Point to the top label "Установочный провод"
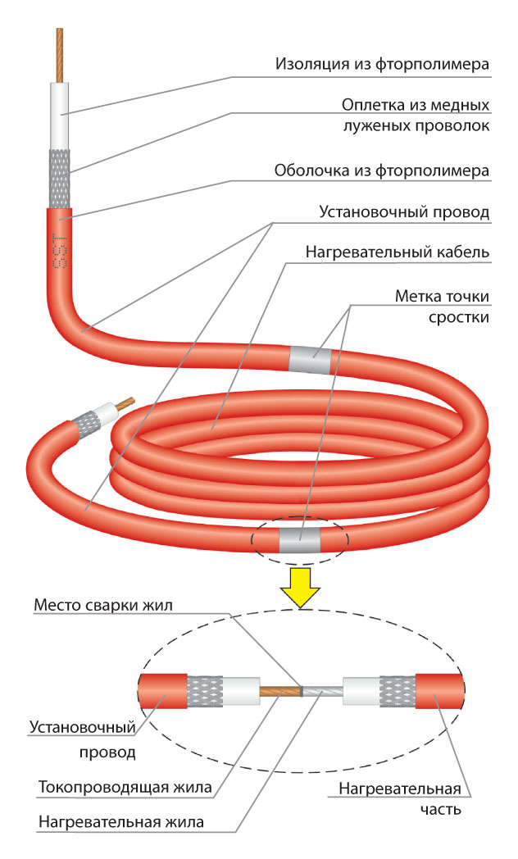[403, 212]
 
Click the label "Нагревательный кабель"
[398, 252]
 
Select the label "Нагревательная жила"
[120, 820]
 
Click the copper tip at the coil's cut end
[125, 402]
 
